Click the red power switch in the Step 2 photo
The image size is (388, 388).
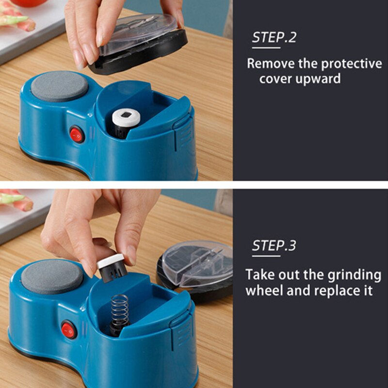point(77,134)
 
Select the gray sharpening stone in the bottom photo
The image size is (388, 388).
point(52,276)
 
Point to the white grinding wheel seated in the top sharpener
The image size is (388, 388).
point(126,117)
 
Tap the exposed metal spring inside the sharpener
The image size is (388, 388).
point(119,310)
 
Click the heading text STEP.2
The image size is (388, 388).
point(274,38)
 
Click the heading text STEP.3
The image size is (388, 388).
point(274,245)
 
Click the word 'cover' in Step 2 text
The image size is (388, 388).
point(276,79)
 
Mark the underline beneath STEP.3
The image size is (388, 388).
point(266,256)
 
